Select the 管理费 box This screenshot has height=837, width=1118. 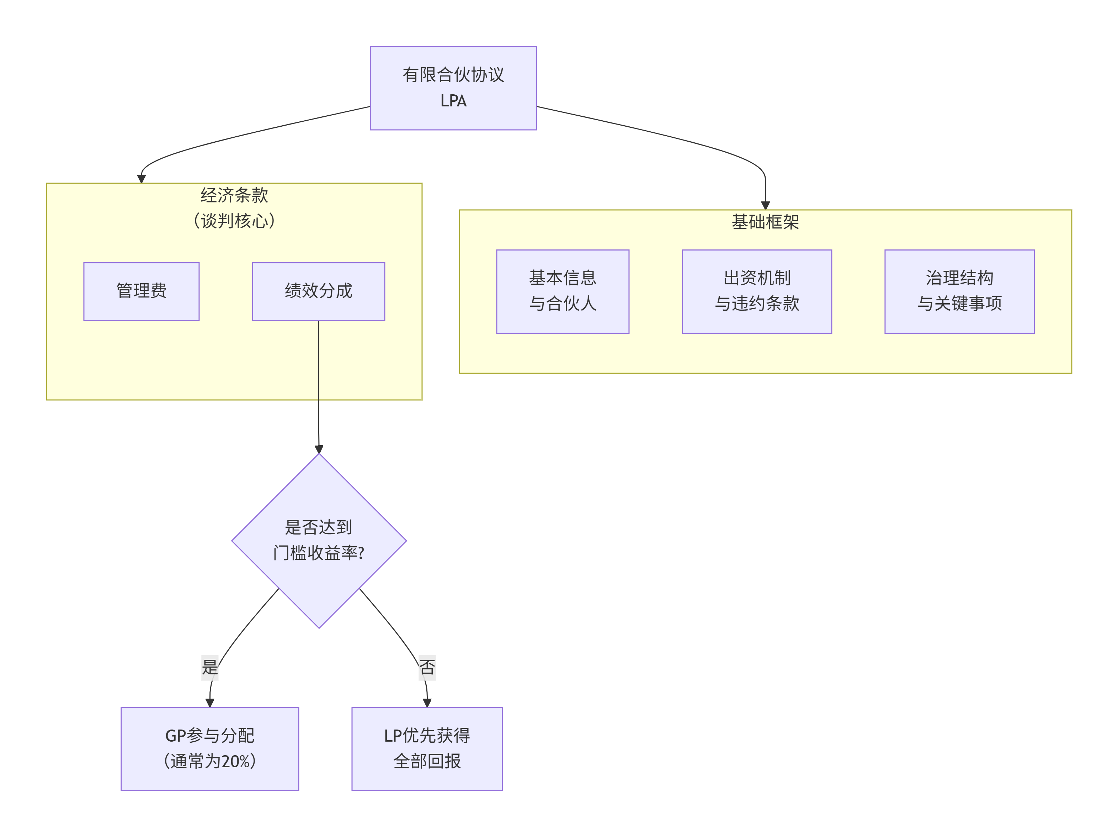click(x=141, y=291)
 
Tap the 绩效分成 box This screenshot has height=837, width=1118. click(x=318, y=291)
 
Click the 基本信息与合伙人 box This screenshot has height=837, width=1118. click(x=562, y=291)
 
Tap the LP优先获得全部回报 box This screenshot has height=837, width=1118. click(x=427, y=748)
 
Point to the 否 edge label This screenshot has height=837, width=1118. click(x=427, y=667)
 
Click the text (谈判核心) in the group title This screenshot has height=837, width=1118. click(x=234, y=221)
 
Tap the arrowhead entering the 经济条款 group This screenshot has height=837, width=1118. click(x=142, y=179)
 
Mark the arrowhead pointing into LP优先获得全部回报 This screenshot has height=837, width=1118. click(x=427, y=702)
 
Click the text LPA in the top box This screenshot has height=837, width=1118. click(x=453, y=101)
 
